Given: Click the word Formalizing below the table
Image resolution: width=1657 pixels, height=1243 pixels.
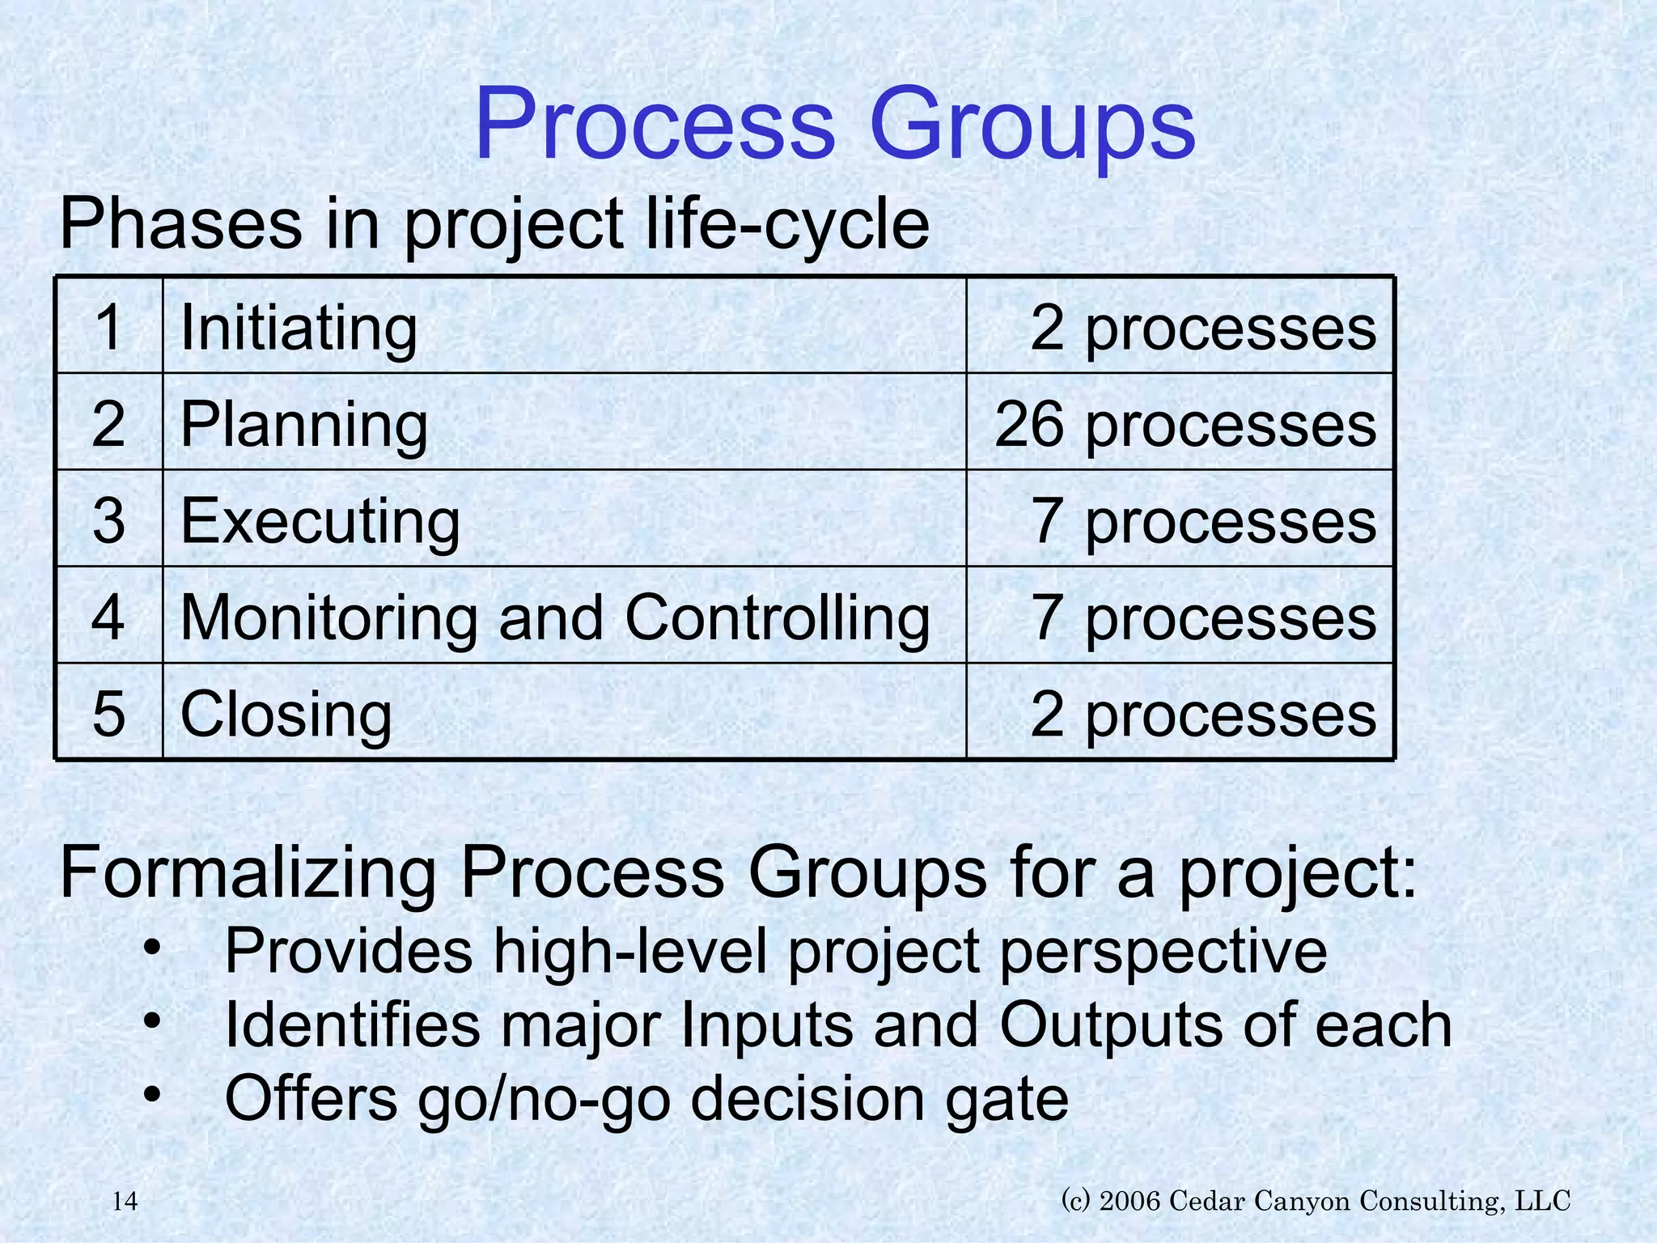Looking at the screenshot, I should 248,874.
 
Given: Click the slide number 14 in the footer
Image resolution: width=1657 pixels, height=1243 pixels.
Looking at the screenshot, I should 125,1202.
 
